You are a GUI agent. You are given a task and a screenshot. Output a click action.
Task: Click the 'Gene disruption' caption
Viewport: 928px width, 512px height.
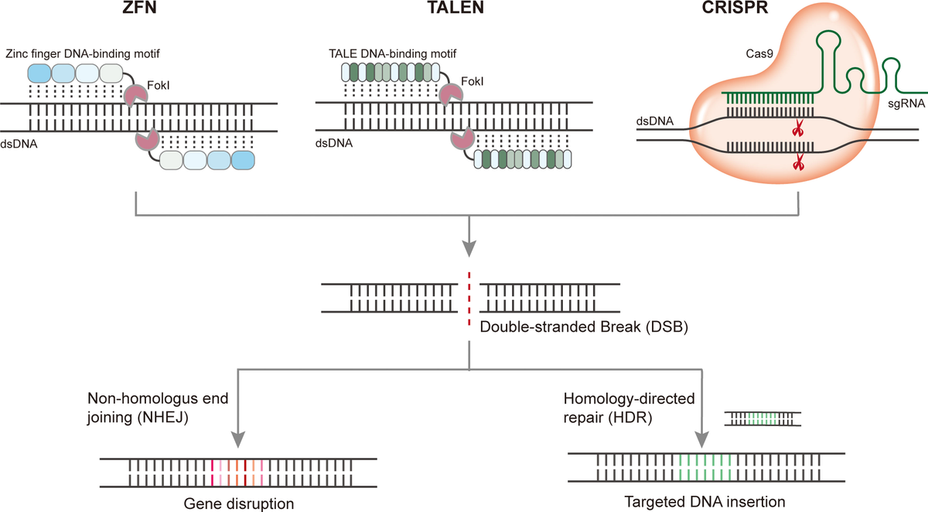coord(239,503)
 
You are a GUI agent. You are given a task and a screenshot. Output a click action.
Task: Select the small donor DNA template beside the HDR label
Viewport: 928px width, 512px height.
coord(763,418)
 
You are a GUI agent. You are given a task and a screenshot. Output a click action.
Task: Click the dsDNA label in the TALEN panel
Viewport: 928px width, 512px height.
coord(332,143)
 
